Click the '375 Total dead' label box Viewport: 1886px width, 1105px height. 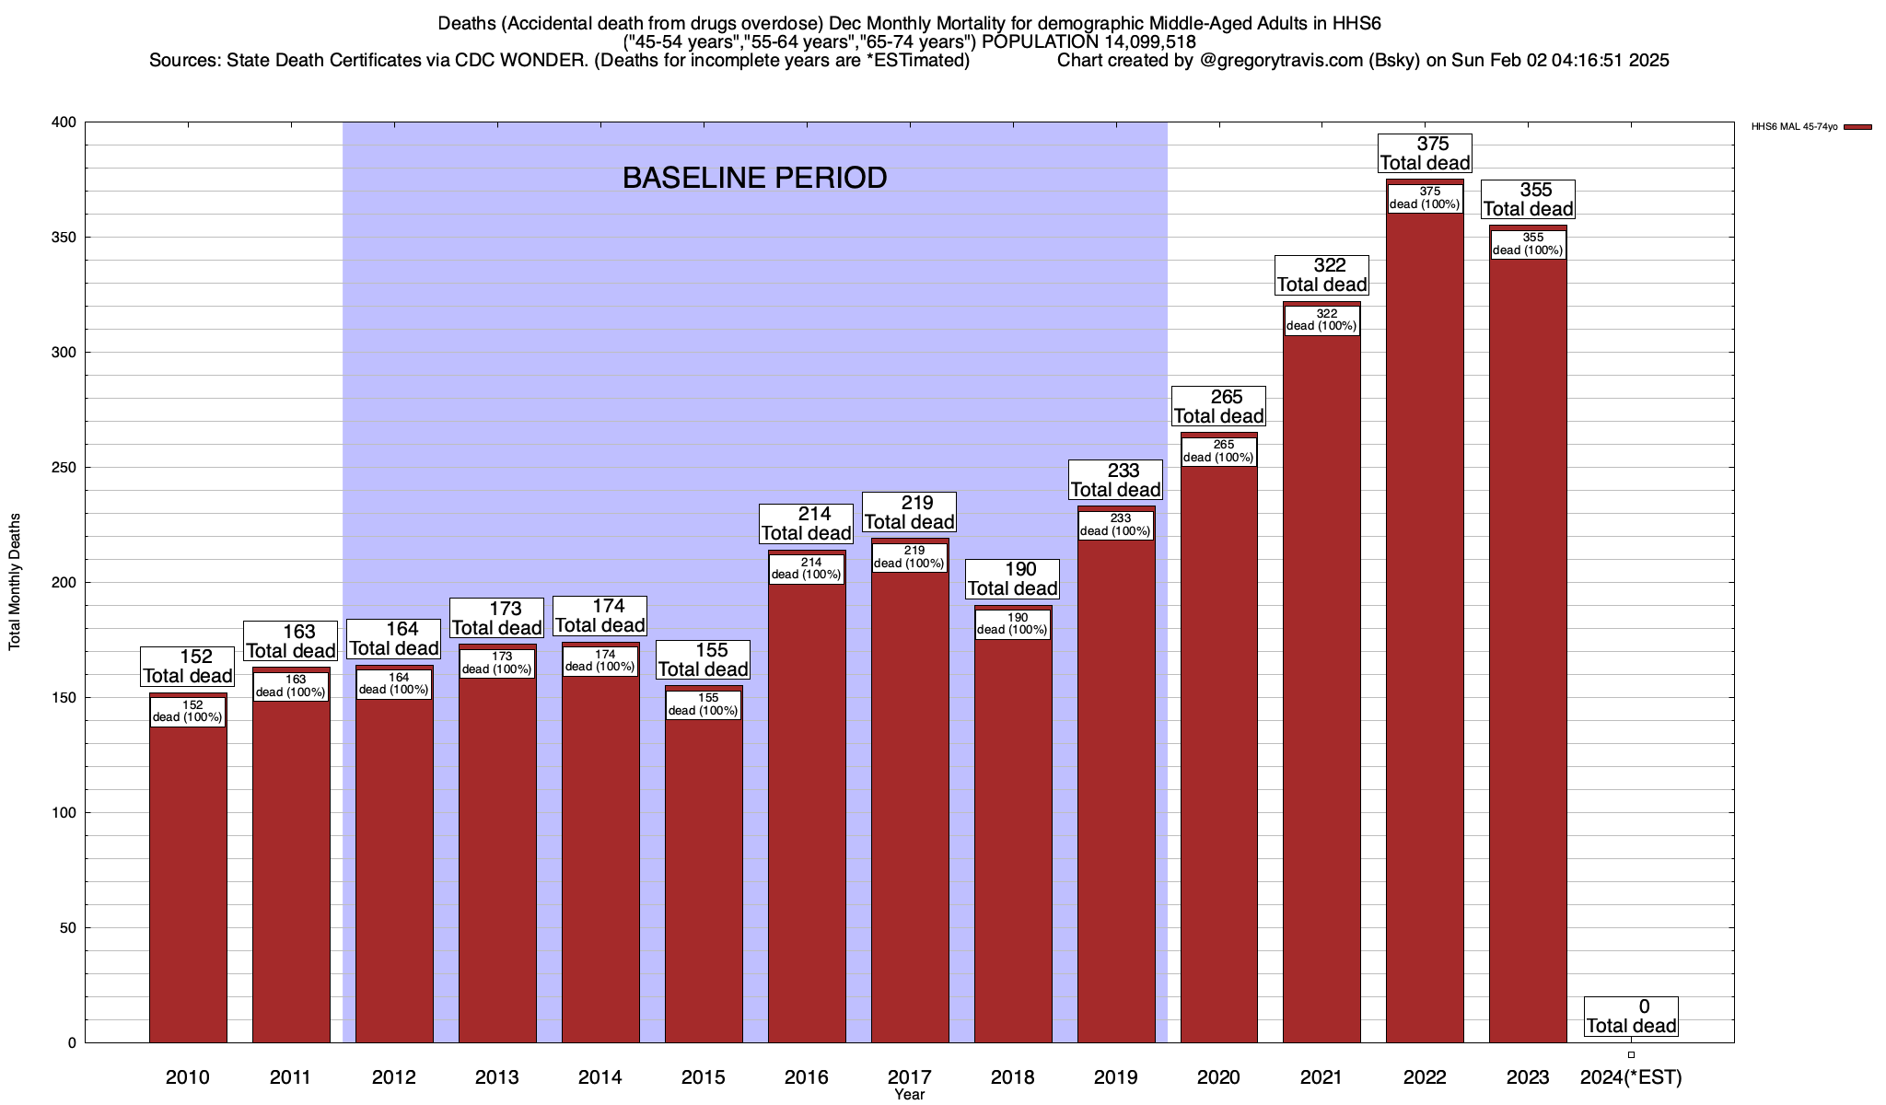(x=1425, y=154)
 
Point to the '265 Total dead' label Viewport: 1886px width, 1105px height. (x=1218, y=407)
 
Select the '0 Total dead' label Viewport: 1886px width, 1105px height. (x=1631, y=1017)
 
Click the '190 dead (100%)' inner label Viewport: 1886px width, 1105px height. (x=1012, y=624)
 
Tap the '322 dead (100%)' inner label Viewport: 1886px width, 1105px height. (x=1321, y=320)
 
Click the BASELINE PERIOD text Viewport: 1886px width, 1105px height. (x=754, y=178)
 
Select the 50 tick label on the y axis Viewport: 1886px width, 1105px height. (x=68, y=928)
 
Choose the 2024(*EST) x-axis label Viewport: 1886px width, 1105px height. (x=1631, y=1077)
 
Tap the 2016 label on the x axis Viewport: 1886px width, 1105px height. (x=806, y=1077)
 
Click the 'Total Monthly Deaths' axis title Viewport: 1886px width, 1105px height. (x=15, y=582)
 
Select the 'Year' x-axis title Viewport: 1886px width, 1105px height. (x=909, y=1095)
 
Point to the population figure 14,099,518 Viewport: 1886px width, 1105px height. (x=1143, y=42)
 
